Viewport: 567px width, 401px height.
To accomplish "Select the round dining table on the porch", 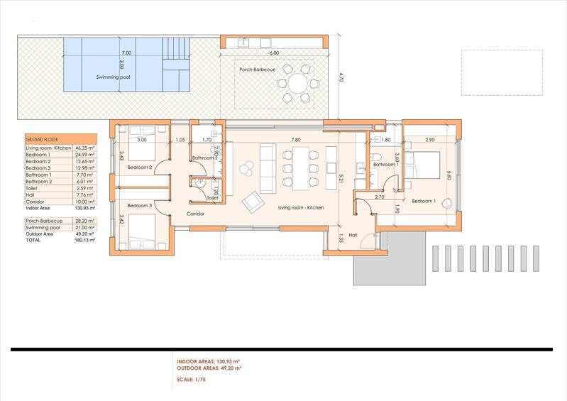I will (295, 82).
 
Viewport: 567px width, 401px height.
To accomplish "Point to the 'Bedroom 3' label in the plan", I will (139, 205).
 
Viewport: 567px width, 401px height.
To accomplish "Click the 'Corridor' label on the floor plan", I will (196, 213).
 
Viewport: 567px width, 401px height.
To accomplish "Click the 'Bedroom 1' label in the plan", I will (424, 201).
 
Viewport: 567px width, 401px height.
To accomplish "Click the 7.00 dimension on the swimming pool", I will (126, 53).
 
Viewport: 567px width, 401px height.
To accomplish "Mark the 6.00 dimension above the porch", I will (274, 53).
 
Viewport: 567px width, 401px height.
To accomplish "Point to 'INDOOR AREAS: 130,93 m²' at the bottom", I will (210, 362).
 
